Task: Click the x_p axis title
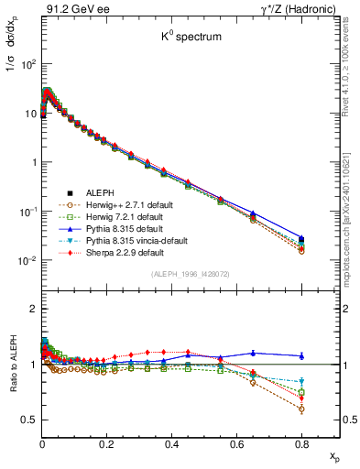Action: click(x=332, y=454)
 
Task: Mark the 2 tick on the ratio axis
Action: click(x=30, y=309)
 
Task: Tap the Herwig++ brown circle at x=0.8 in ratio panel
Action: click(x=301, y=409)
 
